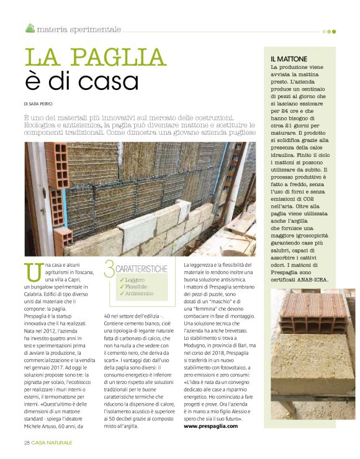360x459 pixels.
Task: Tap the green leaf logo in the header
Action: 30,28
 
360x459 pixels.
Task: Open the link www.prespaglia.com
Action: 214,427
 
